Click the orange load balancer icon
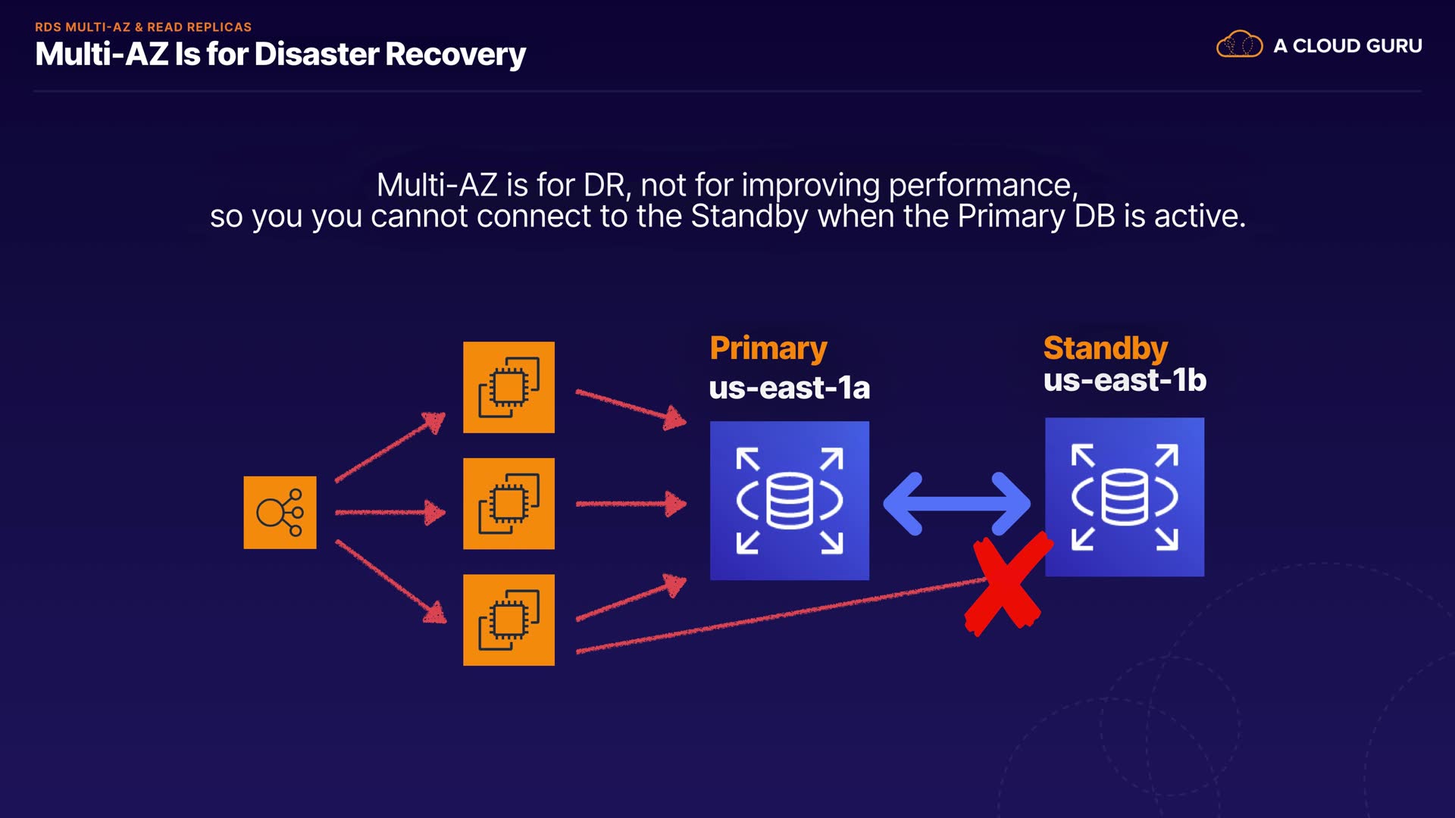point(280,513)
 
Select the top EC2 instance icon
point(508,387)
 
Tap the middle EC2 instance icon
point(508,504)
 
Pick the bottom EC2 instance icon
point(508,620)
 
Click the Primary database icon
point(789,501)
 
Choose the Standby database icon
point(1124,497)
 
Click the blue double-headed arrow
point(956,504)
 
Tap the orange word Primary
point(768,348)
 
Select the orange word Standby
point(1105,348)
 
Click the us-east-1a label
point(789,388)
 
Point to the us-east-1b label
point(1124,380)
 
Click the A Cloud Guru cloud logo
point(1239,45)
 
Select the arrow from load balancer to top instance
point(390,448)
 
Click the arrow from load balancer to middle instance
point(390,513)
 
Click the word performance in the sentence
point(982,185)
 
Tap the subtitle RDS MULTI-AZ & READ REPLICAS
point(143,27)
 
